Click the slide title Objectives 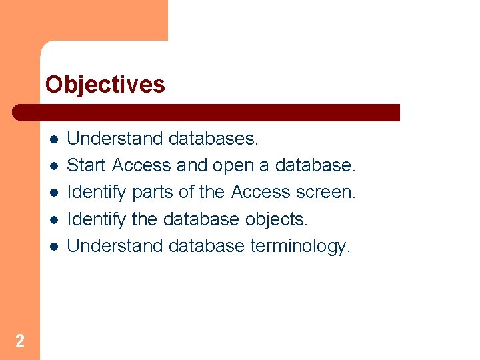pyautogui.click(x=105, y=85)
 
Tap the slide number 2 pyautogui.click(x=20, y=341)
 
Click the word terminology pyautogui.click(x=300, y=246)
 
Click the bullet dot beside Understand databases pyautogui.click(x=53, y=139)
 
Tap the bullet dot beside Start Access pyautogui.click(x=53, y=165)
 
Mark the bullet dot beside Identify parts pyautogui.click(x=53, y=192)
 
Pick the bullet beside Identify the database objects pyautogui.click(x=53, y=219)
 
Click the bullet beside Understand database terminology pyautogui.click(x=53, y=246)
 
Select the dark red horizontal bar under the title pyautogui.click(x=207, y=112)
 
